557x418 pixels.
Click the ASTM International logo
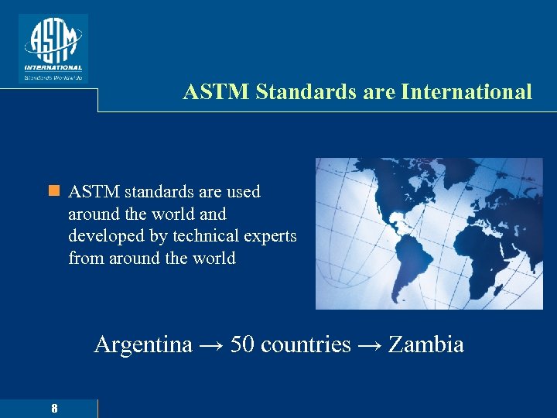pos(53,44)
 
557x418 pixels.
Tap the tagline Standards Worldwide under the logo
pos(53,77)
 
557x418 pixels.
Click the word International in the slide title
pos(466,92)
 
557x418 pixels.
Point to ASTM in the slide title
pos(217,92)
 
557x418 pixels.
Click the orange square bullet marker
pos(53,190)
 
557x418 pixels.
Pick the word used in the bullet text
pos(243,191)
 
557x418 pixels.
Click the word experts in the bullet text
pos(270,236)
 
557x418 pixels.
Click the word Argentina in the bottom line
pos(143,344)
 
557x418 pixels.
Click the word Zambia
pos(425,344)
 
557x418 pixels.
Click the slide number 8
pos(54,408)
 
